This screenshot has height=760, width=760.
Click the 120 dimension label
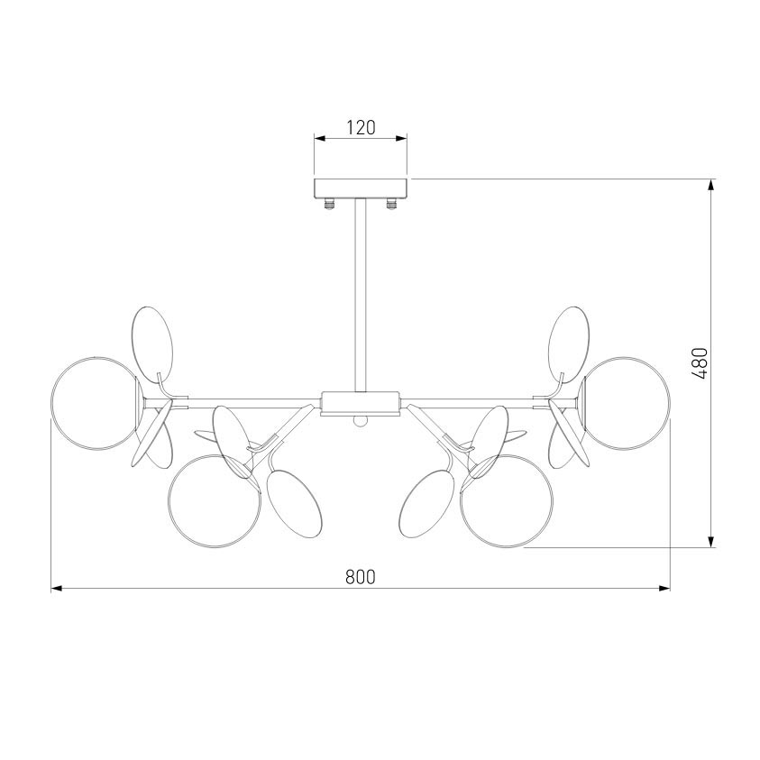click(x=361, y=127)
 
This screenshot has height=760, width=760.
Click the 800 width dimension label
click(x=361, y=577)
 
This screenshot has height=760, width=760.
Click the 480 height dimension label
click(x=700, y=363)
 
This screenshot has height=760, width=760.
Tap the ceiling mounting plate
click(x=361, y=188)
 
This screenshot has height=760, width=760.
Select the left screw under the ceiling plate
click(x=330, y=204)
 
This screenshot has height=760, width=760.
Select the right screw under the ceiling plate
click(x=391, y=204)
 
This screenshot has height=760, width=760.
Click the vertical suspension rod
click(x=361, y=295)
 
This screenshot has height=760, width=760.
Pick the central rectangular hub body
click(x=361, y=403)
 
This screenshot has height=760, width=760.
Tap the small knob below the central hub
click(x=360, y=421)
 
